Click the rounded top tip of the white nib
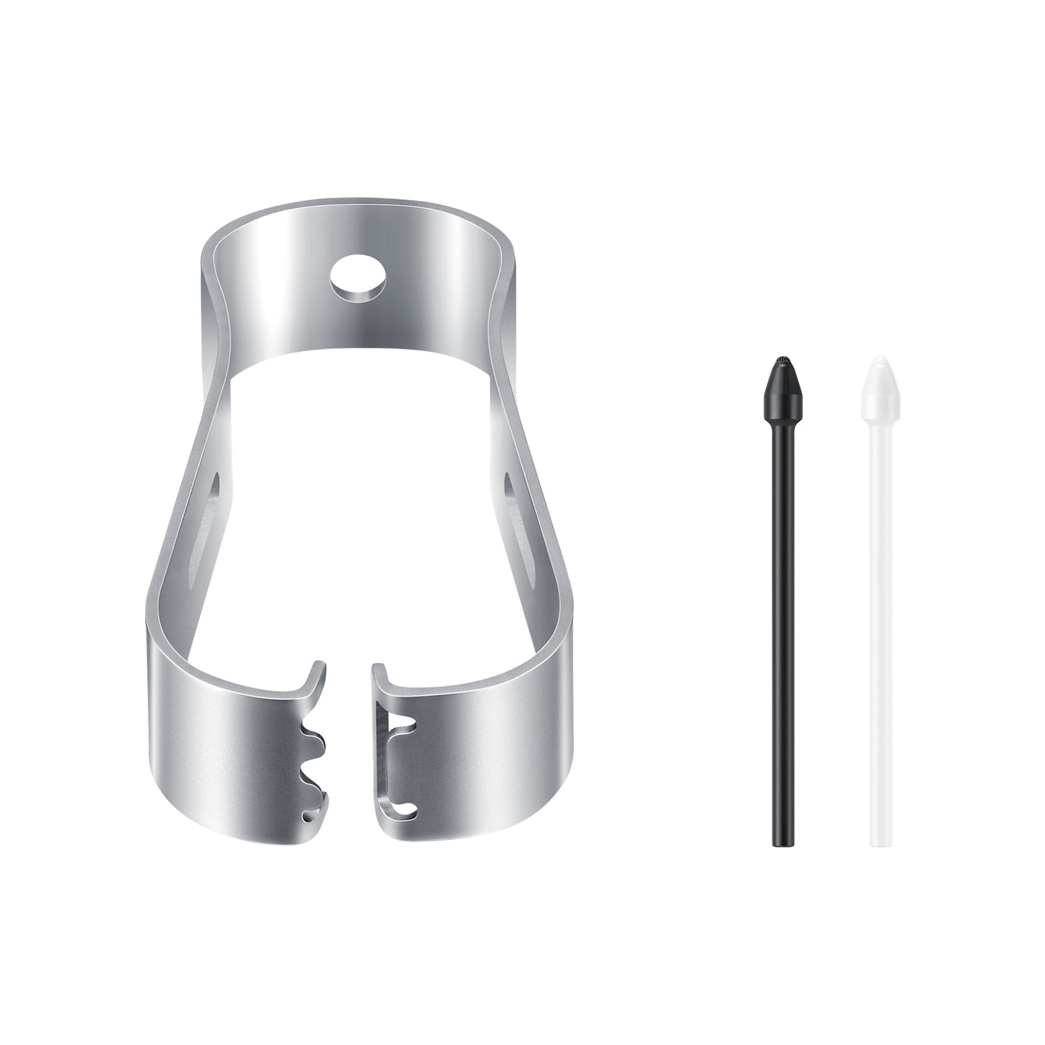coord(879,362)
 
